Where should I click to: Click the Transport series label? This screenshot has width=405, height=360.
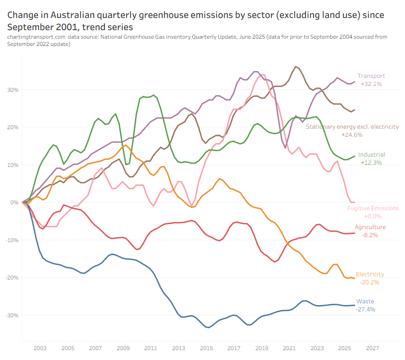(371, 76)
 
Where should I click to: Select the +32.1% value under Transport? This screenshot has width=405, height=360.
(371, 84)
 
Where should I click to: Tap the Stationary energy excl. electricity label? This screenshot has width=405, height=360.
(352, 127)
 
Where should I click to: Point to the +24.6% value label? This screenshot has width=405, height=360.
(352, 135)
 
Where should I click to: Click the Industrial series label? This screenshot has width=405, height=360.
(372, 155)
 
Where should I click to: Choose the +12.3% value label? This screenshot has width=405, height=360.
(372, 162)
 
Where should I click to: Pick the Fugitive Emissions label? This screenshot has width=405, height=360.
(373, 208)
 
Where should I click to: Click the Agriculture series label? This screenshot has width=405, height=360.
(370, 227)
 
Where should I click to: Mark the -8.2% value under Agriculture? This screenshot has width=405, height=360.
(370, 235)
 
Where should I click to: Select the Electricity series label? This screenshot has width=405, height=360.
(370, 274)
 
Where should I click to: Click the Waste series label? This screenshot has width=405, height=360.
(365, 301)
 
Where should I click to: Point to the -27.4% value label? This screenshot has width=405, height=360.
(365, 309)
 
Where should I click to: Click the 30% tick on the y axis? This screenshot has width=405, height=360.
(12, 90)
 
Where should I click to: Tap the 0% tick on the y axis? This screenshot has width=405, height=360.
(14, 202)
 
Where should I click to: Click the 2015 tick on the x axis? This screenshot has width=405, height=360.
(207, 348)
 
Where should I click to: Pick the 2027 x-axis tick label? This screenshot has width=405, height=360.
(373, 348)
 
